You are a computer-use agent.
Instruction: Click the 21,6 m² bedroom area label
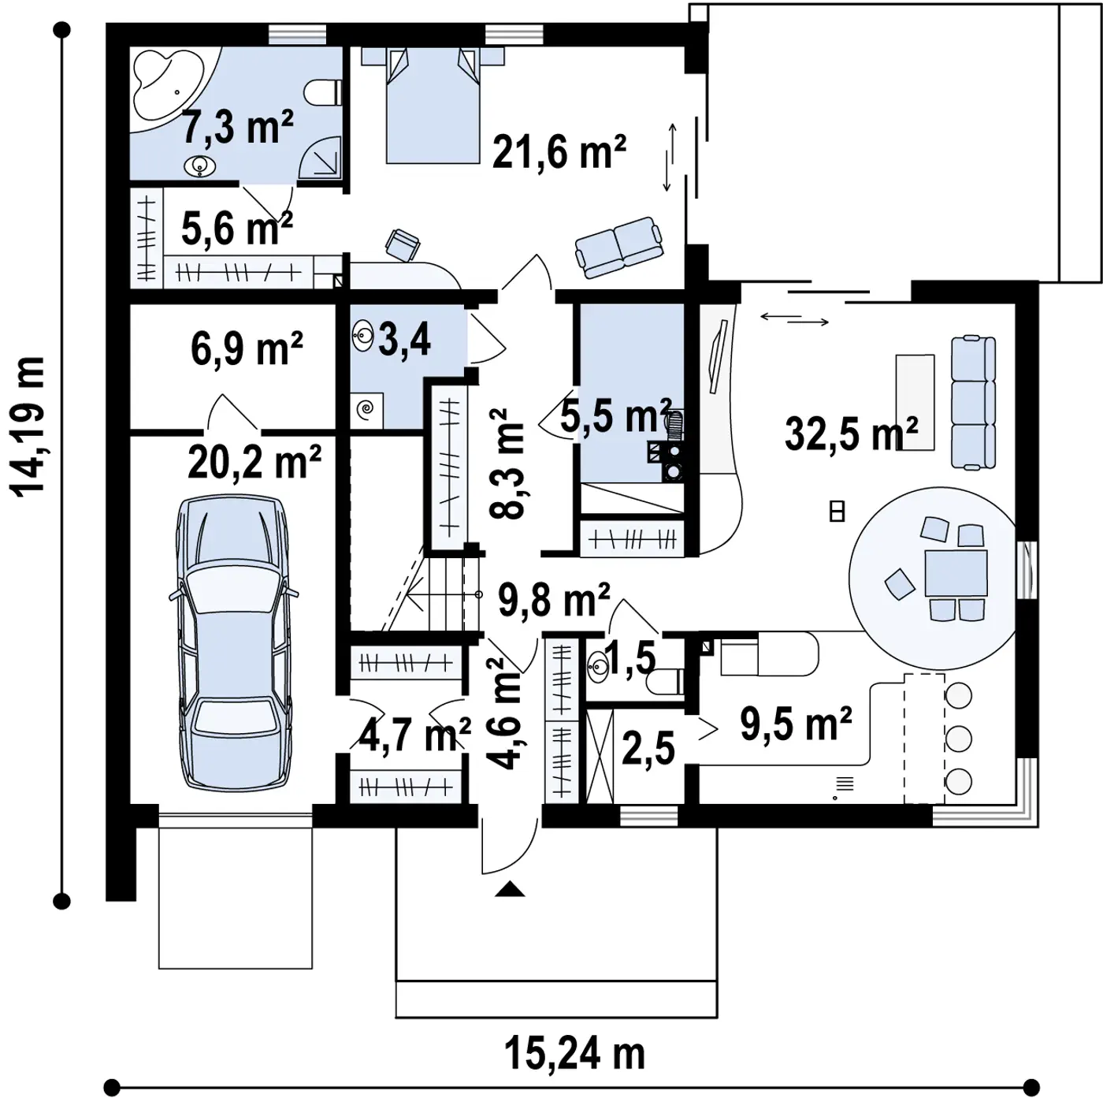coord(559,152)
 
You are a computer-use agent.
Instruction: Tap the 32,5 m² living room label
coord(851,433)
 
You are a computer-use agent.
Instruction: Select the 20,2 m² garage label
coord(254,462)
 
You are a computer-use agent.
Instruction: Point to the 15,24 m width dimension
coord(574,1053)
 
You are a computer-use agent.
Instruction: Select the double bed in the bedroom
coord(433,105)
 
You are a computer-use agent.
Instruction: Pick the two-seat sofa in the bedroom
coord(619,248)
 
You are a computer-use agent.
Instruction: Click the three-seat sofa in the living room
coord(973,404)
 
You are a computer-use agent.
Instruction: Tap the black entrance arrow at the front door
coord(510,889)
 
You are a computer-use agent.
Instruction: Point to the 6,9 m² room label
coord(246,349)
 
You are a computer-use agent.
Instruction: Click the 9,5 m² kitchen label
coord(796,724)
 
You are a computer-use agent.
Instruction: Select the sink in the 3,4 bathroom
coord(363,335)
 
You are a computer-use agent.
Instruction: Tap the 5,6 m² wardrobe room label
coord(237,229)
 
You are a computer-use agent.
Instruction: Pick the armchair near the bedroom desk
coord(403,245)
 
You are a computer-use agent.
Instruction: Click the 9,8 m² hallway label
coord(554,599)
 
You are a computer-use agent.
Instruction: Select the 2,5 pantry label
coord(648,747)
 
